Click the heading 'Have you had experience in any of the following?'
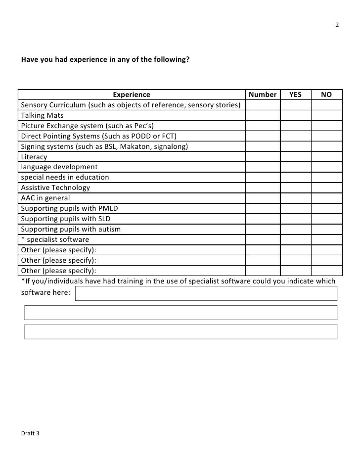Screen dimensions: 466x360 click(105, 60)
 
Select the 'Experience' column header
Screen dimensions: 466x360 click(132, 94)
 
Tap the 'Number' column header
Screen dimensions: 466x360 click(263, 94)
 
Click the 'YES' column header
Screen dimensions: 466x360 click(295, 94)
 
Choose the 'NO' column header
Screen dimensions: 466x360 click(326, 94)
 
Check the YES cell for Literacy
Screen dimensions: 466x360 click(295, 157)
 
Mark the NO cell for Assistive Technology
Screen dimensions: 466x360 click(326, 187)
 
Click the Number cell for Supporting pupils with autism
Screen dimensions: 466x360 click(263, 229)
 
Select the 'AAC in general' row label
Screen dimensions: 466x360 click(45, 198)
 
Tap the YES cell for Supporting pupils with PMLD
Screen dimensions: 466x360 click(295, 208)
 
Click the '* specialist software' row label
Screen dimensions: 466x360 click(55, 239)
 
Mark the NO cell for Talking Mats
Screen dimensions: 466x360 click(326, 115)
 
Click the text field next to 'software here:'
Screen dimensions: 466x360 click(206, 293)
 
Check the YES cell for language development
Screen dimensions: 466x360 click(295, 167)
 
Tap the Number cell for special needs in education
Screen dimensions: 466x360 click(263, 177)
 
